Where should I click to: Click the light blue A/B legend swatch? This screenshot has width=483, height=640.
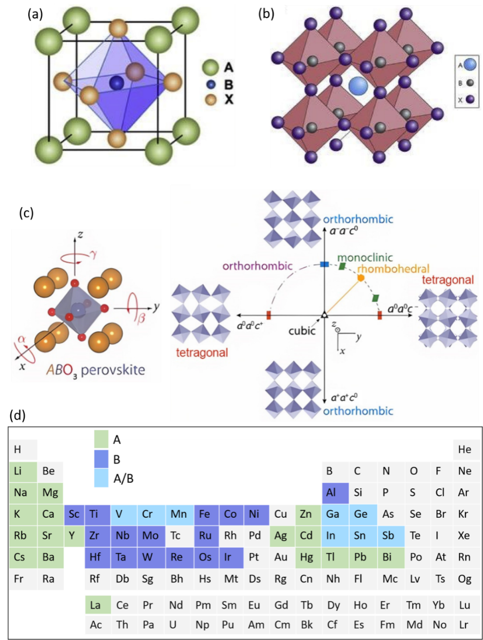(x=101, y=479)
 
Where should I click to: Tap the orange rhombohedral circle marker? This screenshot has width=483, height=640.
(x=361, y=277)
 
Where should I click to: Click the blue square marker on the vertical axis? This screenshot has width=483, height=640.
(x=324, y=264)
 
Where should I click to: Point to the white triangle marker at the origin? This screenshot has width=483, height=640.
(x=324, y=315)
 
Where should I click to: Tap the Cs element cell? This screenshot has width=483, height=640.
(x=21, y=557)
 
